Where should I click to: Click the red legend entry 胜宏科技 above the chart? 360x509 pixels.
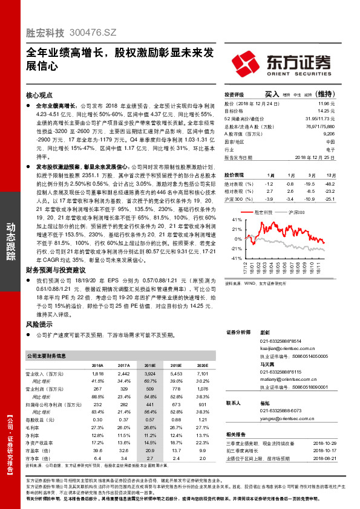click(264, 213)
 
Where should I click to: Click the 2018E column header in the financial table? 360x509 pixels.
click(149, 366)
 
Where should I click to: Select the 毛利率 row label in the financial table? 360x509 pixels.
click(39, 427)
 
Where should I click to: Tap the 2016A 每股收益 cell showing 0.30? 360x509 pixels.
click(97, 419)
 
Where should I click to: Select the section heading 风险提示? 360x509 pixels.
click(41, 325)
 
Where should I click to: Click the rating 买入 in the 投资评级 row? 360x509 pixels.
click(272, 94)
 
